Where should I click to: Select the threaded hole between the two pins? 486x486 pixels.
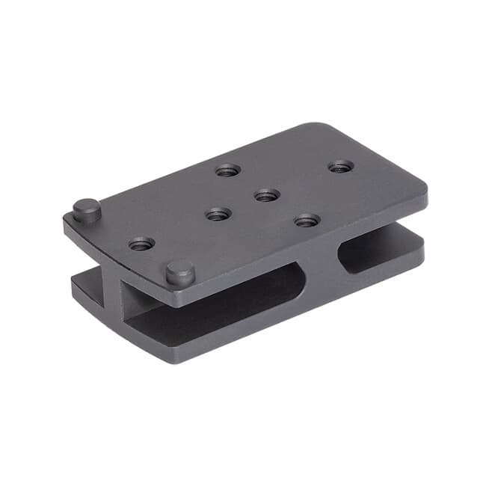pos(141,244)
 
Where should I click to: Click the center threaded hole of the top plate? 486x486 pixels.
pos(266,195)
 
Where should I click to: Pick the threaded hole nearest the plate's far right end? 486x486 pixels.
pos(341,166)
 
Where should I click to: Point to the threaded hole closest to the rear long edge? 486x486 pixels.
pos(228,170)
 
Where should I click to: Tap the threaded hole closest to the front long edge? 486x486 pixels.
pos(307,220)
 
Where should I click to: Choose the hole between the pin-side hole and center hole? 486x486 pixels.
pos(218,215)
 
